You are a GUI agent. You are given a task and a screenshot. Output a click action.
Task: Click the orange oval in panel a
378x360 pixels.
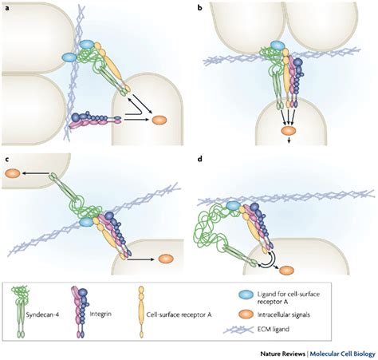coord(159,120)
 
